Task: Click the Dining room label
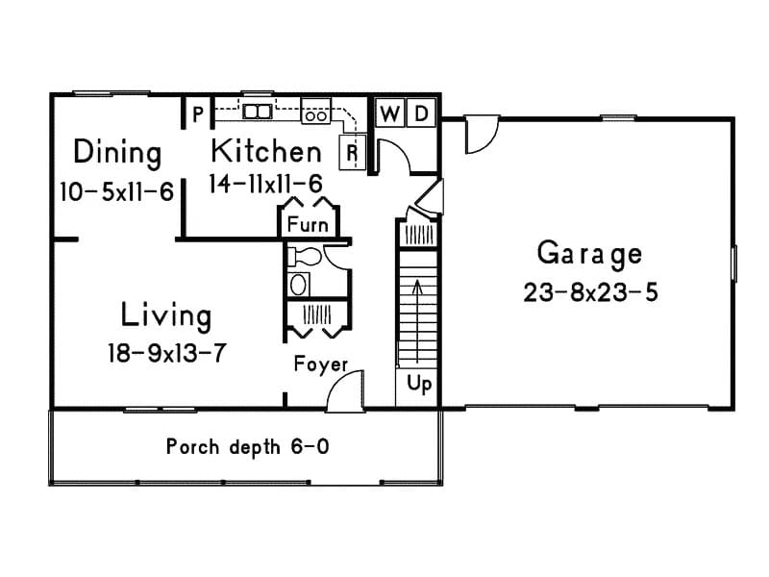pyautogui.click(x=117, y=153)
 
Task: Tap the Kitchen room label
pyautogui.click(x=266, y=151)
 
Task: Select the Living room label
pyautogui.click(x=166, y=314)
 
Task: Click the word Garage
pyautogui.click(x=589, y=254)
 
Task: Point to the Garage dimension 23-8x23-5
pyautogui.click(x=590, y=292)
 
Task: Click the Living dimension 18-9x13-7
pyautogui.click(x=166, y=353)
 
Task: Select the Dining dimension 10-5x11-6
pyautogui.click(x=116, y=191)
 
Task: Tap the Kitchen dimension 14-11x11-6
pyautogui.click(x=265, y=183)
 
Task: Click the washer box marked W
pyautogui.click(x=389, y=113)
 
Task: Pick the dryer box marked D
pyautogui.click(x=421, y=113)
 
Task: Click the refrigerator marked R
pyautogui.click(x=352, y=151)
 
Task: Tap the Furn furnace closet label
pyautogui.click(x=308, y=225)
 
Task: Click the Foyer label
pyautogui.click(x=320, y=364)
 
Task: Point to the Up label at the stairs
pyautogui.click(x=419, y=384)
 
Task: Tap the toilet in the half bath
pyautogui.click(x=306, y=257)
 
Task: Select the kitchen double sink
pyautogui.click(x=258, y=112)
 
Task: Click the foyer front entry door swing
pyautogui.click(x=344, y=392)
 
